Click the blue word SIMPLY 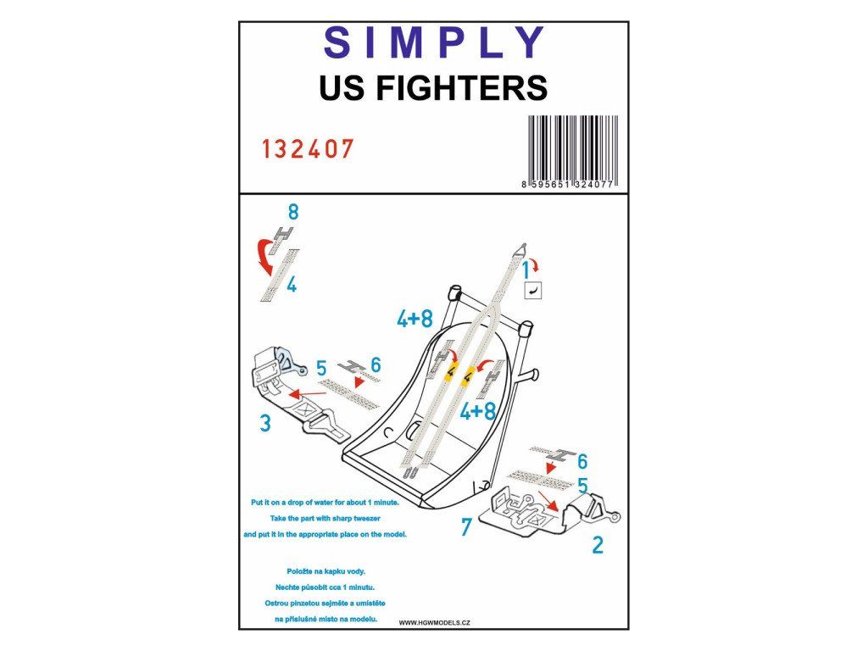click(x=434, y=42)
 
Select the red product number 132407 click(x=307, y=149)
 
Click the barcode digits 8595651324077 click(x=568, y=184)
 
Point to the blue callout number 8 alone click(x=293, y=211)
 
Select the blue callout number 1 click(x=526, y=271)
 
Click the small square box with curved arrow click(x=533, y=290)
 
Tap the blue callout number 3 click(x=265, y=423)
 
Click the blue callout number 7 click(x=467, y=527)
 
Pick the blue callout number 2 click(x=598, y=545)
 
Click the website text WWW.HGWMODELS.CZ click(x=435, y=623)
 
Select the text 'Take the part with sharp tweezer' click(x=325, y=519)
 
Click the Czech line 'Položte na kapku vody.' click(x=325, y=571)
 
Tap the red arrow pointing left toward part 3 click(x=307, y=393)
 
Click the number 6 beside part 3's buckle click(x=376, y=364)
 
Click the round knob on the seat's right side click(x=534, y=376)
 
